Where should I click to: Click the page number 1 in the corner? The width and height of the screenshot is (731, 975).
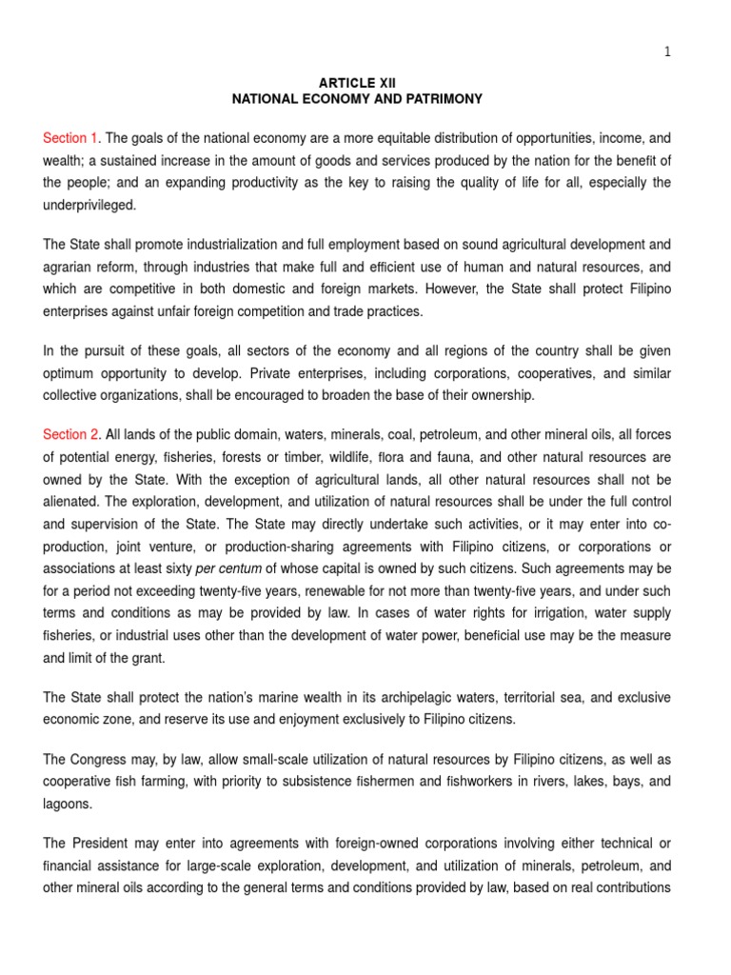[x=667, y=52]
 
